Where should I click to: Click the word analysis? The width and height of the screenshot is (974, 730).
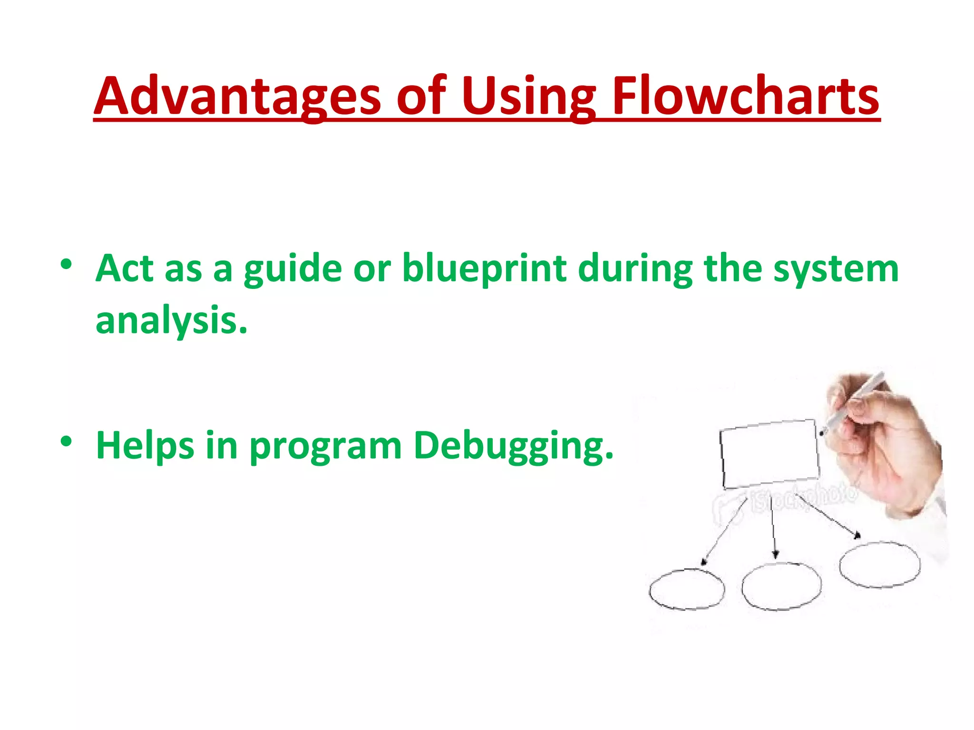pyautogui.click(x=171, y=321)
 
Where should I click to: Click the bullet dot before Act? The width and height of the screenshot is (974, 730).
pyautogui.click(x=66, y=264)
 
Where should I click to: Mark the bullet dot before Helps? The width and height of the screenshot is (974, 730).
pyautogui.click(x=66, y=442)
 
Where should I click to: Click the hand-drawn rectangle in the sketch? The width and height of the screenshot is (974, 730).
pyautogui.click(x=769, y=454)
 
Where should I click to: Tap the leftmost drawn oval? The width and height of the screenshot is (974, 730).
pyautogui.click(x=687, y=589)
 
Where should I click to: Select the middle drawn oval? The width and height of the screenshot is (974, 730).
pyautogui.click(x=781, y=586)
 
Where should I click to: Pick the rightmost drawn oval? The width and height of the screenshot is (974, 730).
pyautogui.click(x=879, y=564)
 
